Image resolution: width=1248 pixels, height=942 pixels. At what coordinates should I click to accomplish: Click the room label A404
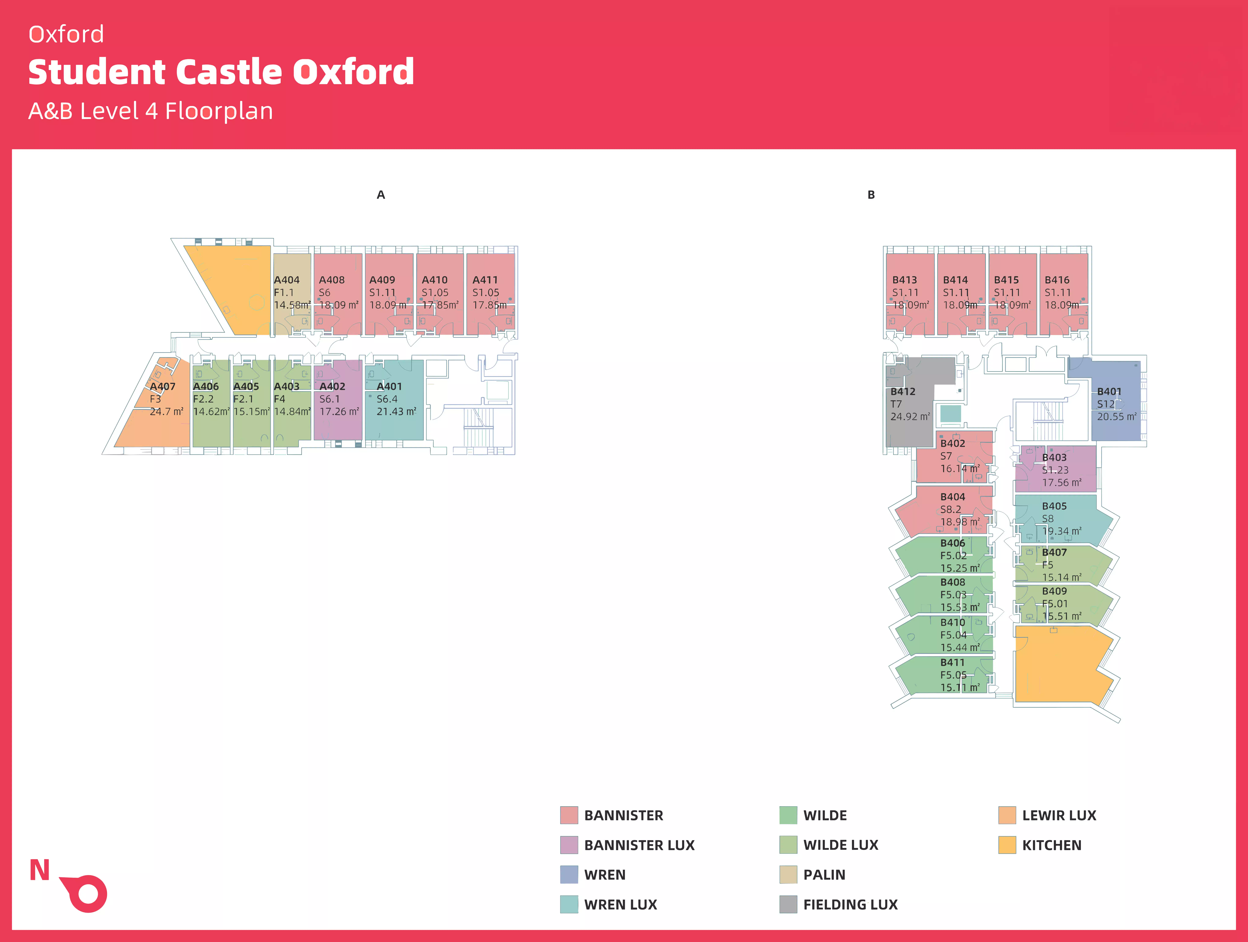287,280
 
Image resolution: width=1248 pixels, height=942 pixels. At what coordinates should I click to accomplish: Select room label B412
903,392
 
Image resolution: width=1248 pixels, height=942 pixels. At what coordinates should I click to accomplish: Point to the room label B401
1109,392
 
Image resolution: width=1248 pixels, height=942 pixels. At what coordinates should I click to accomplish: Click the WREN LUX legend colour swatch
569,904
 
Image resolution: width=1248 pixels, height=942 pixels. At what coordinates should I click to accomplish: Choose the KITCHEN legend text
1052,845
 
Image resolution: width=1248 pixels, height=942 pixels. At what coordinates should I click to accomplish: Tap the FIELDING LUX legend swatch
788,904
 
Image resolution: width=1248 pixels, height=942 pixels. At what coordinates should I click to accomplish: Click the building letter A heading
381,195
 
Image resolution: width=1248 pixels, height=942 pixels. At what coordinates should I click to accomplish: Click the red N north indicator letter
39,870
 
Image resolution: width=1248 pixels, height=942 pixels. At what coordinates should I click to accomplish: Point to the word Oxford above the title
66,34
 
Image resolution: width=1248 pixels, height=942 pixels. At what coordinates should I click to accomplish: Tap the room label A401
389,387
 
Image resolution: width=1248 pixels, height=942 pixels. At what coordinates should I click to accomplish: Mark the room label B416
1057,280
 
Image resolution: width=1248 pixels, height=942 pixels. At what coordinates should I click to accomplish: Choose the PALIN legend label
824,875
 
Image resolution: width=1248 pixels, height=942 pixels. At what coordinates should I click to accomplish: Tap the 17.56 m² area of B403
1061,483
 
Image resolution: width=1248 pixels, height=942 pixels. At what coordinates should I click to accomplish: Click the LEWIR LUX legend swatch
1007,815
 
